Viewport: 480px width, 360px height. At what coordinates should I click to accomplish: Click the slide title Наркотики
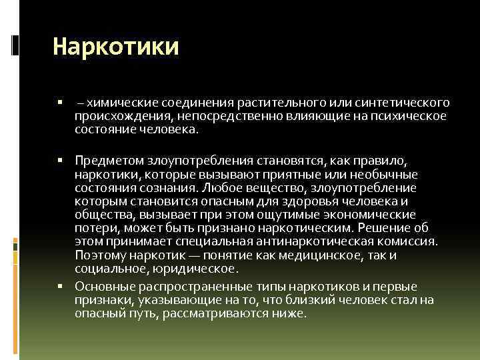116,47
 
